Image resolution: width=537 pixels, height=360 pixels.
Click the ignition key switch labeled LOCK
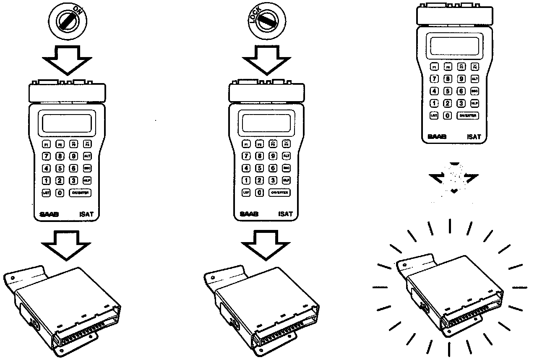[266, 22]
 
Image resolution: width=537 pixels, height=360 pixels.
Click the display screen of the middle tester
[267, 123]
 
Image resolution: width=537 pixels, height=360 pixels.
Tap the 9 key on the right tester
[461, 78]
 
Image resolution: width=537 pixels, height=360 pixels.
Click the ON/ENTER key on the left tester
[80, 193]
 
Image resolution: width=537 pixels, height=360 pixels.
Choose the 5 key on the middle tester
[260, 168]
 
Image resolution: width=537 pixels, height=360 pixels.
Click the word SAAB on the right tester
[436, 137]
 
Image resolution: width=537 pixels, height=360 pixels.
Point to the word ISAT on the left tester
[86, 214]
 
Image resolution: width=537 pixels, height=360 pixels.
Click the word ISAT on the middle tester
[285, 214]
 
